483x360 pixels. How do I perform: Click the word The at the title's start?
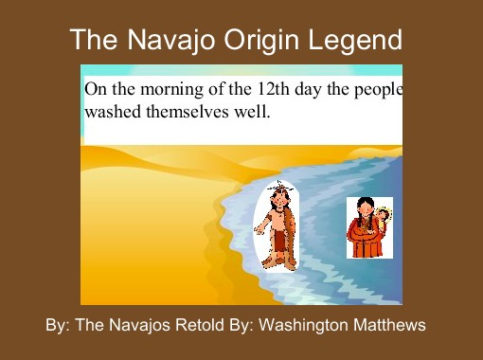click(x=93, y=41)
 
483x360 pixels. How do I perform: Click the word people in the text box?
click(x=379, y=89)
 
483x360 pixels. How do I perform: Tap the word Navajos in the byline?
click(x=137, y=325)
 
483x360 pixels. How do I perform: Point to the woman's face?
click(x=363, y=208)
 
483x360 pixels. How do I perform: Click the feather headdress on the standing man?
click(x=279, y=186)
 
